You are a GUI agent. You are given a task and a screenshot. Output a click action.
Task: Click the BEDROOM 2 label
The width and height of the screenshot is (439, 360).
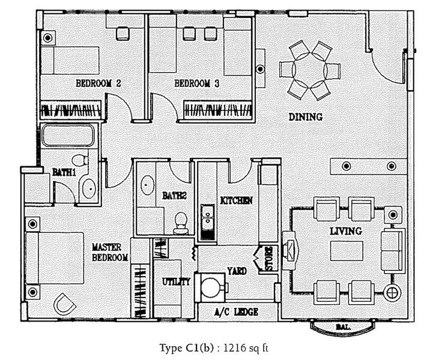pyautogui.click(x=98, y=84)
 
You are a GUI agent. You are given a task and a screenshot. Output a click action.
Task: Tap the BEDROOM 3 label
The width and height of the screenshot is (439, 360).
pyautogui.click(x=196, y=84)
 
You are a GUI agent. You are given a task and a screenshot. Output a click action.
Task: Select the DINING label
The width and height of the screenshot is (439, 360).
pyautogui.click(x=305, y=117)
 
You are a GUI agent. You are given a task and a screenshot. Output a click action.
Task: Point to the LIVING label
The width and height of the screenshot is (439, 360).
pyautogui.click(x=345, y=231)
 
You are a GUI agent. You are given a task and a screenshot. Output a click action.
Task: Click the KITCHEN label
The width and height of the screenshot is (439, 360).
pyautogui.click(x=236, y=200)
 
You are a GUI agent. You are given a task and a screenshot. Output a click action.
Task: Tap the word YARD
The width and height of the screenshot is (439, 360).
pyautogui.click(x=237, y=271)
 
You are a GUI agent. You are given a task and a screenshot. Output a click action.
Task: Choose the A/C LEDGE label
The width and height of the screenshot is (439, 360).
pyautogui.click(x=236, y=312)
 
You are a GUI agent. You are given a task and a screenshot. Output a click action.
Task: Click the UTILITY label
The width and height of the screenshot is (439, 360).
pyautogui.click(x=177, y=281)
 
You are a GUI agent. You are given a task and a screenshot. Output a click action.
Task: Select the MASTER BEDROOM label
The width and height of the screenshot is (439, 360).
pyautogui.click(x=110, y=252)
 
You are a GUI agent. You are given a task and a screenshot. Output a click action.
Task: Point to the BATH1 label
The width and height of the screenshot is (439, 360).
pyautogui.click(x=64, y=172)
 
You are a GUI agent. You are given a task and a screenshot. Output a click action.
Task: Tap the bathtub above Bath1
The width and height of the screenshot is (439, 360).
pyautogui.click(x=68, y=135)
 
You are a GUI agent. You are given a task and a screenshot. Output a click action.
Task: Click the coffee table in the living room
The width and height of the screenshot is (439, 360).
pyautogui.click(x=346, y=250)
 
